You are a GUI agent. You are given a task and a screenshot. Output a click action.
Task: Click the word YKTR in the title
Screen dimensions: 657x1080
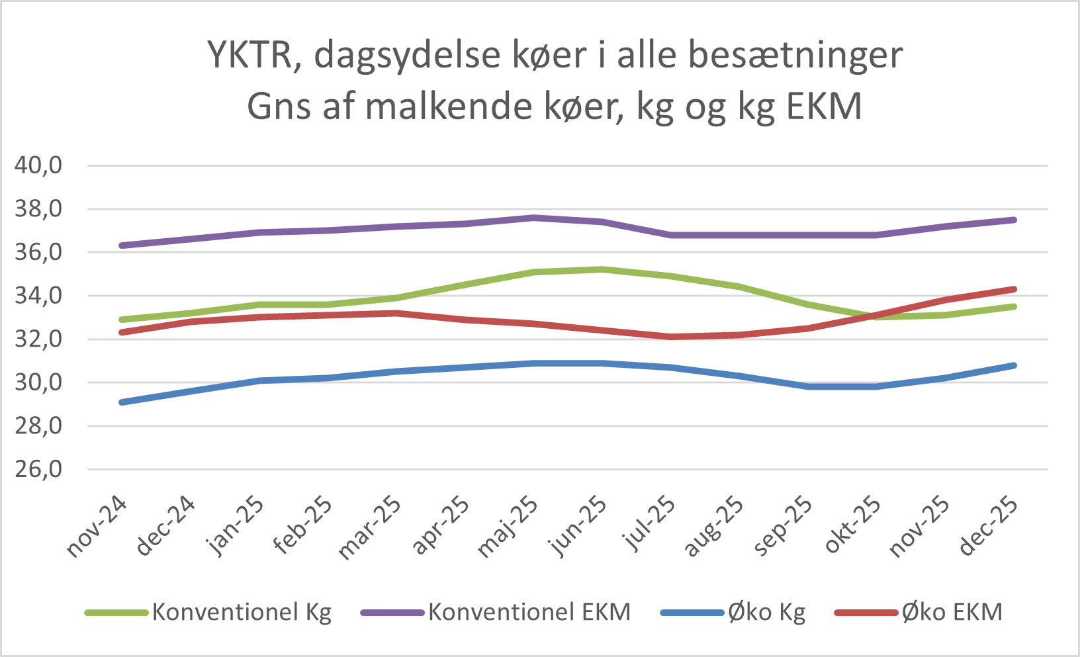click(x=251, y=55)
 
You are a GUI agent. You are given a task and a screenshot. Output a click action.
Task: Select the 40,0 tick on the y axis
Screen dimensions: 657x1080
click(x=38, y=165)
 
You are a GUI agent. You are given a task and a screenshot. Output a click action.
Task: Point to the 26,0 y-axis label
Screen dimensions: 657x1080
click(x=38, y=470)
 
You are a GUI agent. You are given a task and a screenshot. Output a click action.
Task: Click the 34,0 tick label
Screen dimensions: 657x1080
click(x=38, y=296)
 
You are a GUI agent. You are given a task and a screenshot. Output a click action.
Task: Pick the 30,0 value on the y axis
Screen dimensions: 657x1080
click(x=38, y=382)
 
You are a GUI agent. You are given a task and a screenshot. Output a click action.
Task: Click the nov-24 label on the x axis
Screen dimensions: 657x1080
click(x=97, y=527)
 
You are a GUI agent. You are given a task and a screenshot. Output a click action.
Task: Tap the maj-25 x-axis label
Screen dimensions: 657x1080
click(x=508, y=527)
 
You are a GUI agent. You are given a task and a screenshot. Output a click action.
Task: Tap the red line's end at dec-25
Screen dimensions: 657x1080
click(x=1014, y=289)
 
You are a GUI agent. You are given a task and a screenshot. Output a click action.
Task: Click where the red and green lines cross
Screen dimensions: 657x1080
click(x=872, y=316)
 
